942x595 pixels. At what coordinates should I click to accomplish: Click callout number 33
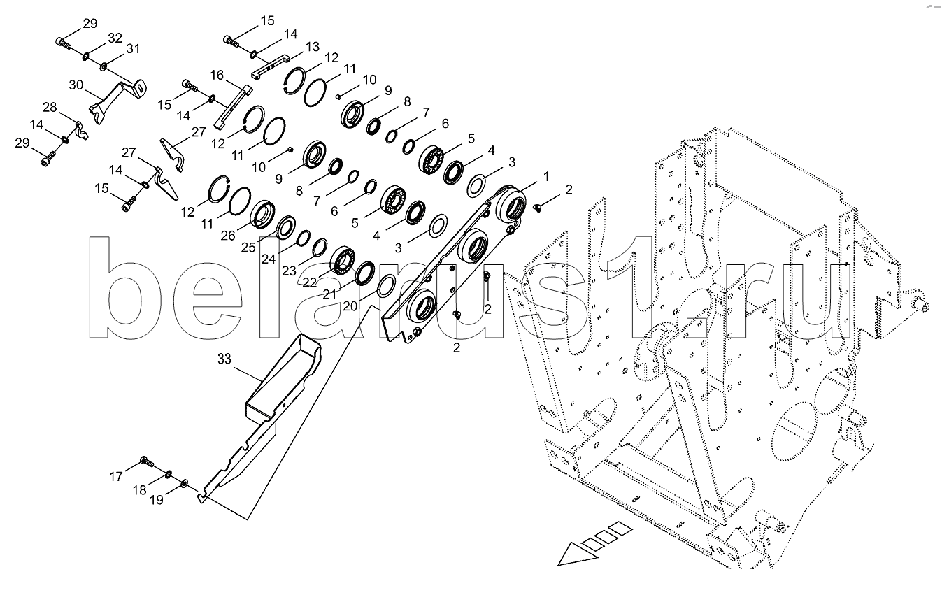(224, 359)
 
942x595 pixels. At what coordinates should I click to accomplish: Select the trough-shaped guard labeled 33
(282, 378)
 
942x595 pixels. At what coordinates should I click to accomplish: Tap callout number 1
(546, 177)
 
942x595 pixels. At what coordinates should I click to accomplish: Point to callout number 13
(313, 46)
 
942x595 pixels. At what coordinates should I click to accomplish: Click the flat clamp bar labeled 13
(271, 65)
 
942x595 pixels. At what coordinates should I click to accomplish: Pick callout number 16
(217, 76)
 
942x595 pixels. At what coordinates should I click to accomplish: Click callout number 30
(76, 85)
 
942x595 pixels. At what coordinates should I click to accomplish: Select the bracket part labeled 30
(117, 101)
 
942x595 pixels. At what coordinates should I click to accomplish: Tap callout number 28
(50, 107)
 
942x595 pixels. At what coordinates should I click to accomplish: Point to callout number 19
(157, 500)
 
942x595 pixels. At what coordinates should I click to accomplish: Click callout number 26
(228, 236)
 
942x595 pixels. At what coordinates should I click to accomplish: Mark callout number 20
(350, 306)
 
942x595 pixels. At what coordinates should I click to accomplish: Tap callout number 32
(115, 38)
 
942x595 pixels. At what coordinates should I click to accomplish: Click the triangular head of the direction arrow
(576, 554)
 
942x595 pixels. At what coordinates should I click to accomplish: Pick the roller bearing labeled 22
(343, 260)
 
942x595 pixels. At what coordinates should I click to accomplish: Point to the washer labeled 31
(103, 66)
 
